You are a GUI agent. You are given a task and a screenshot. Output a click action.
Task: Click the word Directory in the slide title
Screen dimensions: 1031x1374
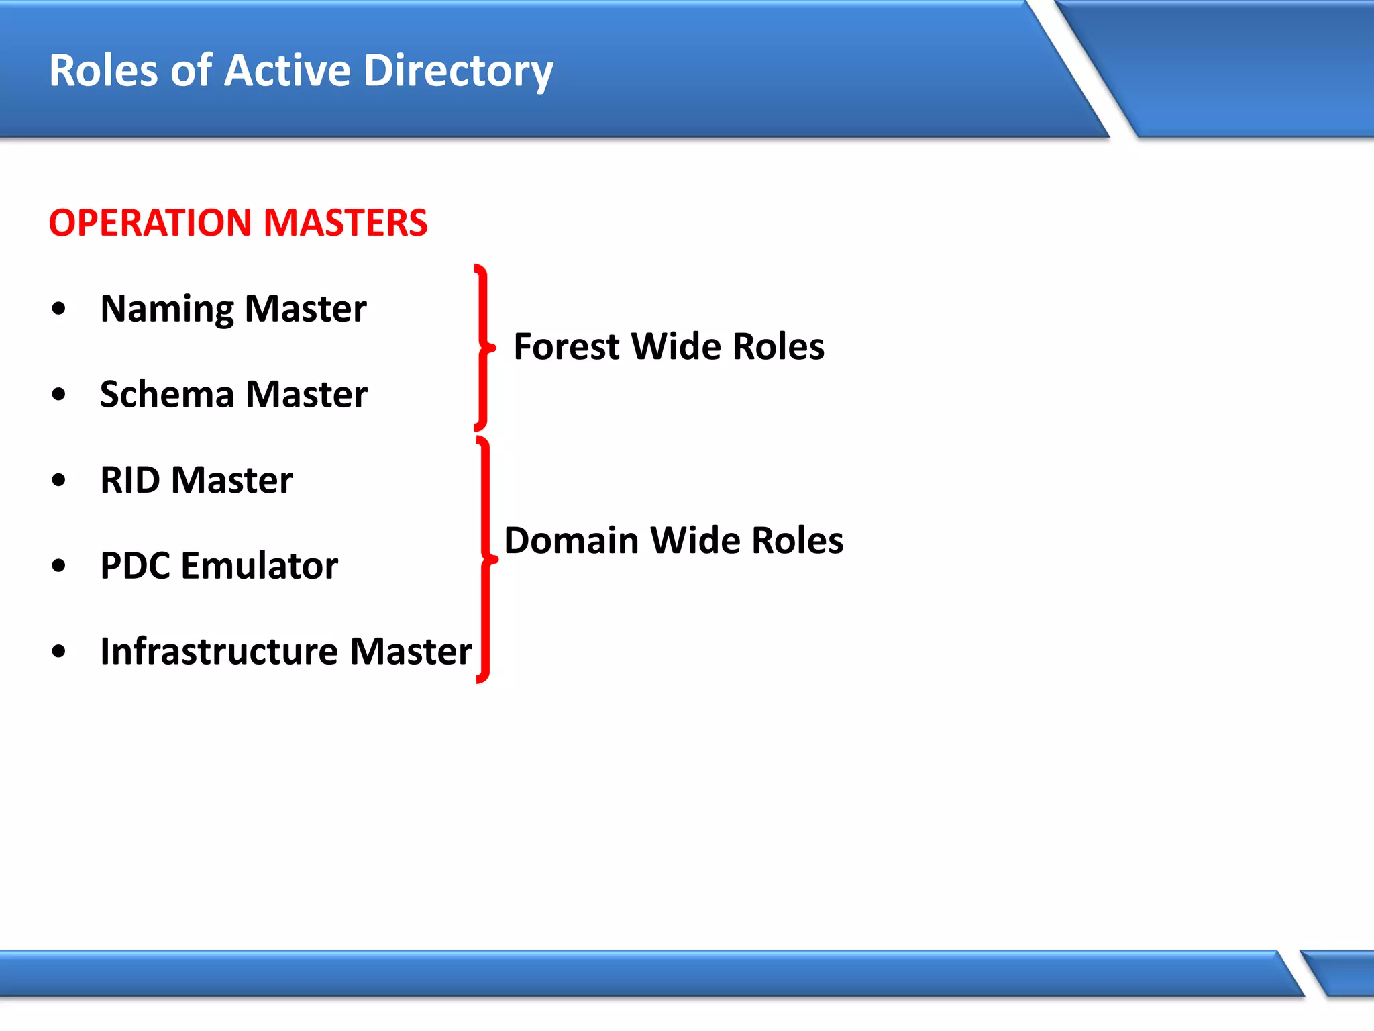[x=458, y=71]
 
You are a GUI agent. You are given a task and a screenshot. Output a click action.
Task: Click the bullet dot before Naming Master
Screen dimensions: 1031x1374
[x=59, y=309]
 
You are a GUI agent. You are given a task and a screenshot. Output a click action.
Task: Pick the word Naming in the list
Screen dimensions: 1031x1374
[x=167, y=309]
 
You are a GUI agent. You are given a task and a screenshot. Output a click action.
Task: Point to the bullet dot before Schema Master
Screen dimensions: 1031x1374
[x=59, y=394]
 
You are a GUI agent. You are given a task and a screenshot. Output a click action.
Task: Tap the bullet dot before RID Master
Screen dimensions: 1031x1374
[x=59, y=480]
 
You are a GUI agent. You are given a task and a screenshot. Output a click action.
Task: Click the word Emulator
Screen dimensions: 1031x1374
[x=260, y=565]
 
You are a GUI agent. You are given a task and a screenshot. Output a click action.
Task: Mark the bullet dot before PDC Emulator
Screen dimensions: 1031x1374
[x=59, y=566]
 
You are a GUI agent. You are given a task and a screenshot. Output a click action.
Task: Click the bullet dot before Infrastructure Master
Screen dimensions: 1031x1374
[x=59, y=651]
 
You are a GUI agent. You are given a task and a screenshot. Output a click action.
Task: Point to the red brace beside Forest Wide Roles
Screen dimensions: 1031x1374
[x=482, y=347]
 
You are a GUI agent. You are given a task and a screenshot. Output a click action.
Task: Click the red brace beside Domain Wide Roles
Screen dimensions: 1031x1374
[x=485, y=559]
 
